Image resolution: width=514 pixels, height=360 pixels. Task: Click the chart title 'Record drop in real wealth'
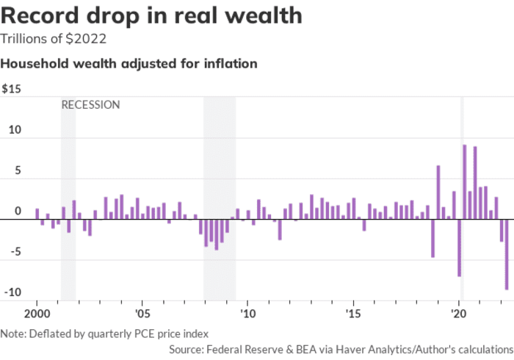[151, 15]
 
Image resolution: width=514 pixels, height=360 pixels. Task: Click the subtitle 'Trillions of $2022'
[54, 39]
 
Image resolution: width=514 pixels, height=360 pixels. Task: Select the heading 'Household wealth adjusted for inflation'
[128, 64]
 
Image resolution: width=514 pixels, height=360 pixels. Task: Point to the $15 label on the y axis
[12, 89]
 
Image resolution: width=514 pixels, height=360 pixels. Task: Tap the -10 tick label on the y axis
[12, 292]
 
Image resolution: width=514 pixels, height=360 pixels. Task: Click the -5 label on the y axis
[15, 252]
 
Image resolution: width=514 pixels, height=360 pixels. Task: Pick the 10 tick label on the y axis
[15, 130]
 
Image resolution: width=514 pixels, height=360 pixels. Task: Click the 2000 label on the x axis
[37, 314]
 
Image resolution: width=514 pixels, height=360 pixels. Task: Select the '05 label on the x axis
[142, 314]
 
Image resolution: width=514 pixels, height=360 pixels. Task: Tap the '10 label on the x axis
[248, 314]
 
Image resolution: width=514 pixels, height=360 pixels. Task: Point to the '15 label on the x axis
[353, 314]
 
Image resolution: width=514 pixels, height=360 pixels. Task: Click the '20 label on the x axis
[459, 314]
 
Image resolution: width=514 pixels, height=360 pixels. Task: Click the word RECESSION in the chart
[91, 105]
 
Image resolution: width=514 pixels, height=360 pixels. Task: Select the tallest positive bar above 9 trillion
[465, 182]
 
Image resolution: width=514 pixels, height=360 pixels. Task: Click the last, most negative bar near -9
[507, 254]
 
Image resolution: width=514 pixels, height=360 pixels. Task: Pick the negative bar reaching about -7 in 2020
[459, 248]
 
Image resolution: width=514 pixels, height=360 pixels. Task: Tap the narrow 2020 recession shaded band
[462, 198]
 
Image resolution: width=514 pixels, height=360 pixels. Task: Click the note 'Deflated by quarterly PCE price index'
[119, 334]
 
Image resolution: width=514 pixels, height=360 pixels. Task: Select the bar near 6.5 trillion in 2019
[438, 192]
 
